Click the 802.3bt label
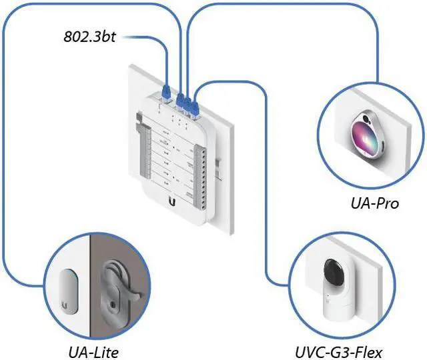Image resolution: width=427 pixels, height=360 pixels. click(90, 37)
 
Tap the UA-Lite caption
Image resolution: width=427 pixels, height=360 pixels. click(93, 353)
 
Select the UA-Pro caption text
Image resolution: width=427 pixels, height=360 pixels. click(375, 203)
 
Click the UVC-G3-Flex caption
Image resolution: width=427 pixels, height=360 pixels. click(338, 353)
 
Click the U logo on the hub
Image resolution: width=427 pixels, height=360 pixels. click(172, 202)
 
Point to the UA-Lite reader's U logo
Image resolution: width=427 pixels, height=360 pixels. click(64, 306)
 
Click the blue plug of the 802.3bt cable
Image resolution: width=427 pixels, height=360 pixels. click(166, 91)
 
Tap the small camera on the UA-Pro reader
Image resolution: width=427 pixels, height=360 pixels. click(366, 119)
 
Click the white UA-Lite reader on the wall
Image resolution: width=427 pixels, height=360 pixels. click(68, 291)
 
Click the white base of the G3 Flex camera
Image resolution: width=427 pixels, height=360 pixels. click(338, 302)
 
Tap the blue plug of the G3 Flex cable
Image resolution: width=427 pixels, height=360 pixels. click(195, 108)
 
